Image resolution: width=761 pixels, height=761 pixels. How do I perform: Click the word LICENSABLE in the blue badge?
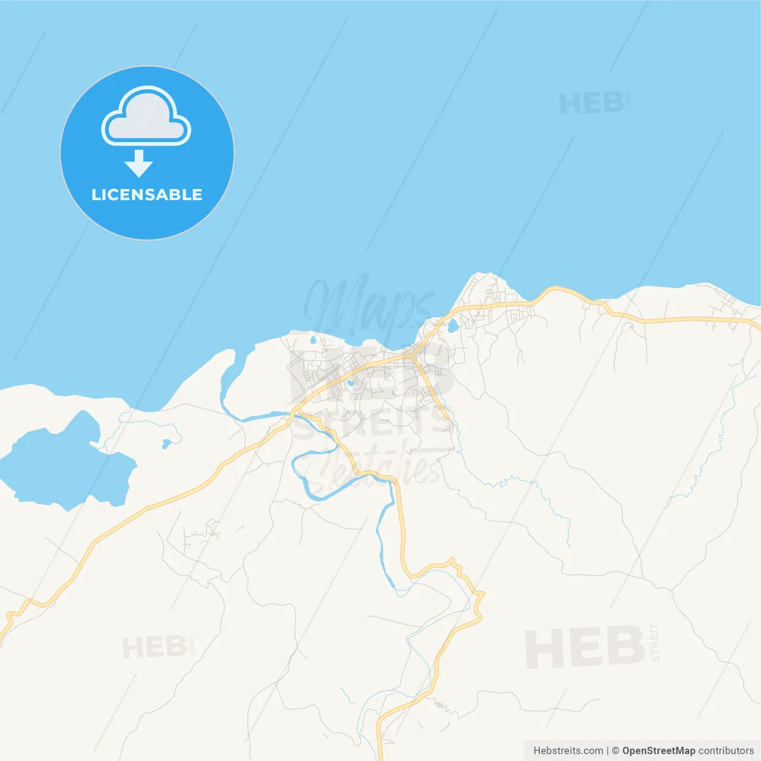(x=147, y=194)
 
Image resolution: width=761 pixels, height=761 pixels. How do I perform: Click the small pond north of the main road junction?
(x=453, y=326)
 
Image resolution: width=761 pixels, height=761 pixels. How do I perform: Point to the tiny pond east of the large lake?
(x=166, y=443)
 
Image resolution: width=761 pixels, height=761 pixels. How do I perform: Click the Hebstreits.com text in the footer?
(x=568, y=751)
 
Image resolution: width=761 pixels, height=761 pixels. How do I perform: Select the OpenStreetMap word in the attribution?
(x=658, y=751)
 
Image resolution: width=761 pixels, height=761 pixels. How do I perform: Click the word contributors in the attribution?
(x=726, y=751)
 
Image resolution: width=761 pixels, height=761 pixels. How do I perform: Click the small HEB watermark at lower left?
(x=155, y=647)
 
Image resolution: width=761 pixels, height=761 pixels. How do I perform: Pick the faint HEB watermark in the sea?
(x=592, y=103)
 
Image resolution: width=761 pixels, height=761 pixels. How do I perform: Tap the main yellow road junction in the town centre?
(x=411, y=356)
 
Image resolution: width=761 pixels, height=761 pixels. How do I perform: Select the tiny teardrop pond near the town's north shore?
(x=313, y=341)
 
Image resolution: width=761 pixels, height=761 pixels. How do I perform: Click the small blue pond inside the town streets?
(x=350, y=383)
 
